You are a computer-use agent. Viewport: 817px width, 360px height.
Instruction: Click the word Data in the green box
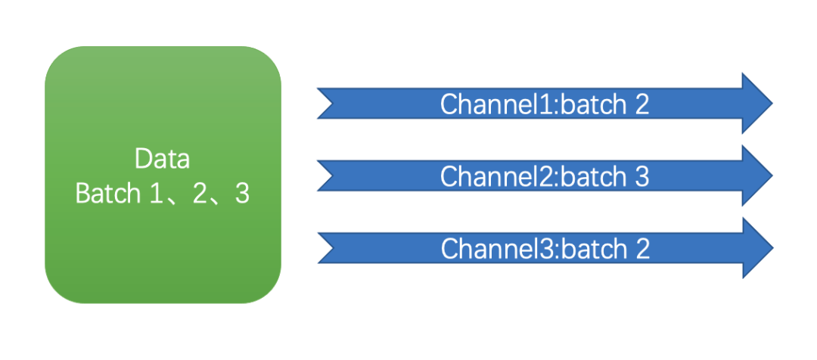(x=162, y=159)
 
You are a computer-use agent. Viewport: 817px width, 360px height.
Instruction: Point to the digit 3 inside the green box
(x=242, y=194)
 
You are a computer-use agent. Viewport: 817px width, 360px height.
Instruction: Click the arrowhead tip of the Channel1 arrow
(x=772, y=103)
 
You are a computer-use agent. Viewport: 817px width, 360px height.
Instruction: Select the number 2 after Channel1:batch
(x=641, y=104)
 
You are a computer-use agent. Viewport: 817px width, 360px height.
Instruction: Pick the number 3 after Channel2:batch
(x=641, y=177)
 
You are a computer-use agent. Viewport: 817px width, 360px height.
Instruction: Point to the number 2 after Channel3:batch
(x=642, y=249)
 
